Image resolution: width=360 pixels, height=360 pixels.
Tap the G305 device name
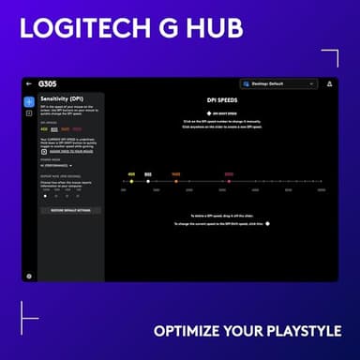tap(47, 83)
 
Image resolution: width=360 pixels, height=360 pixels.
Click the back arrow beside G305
tap(29, 83)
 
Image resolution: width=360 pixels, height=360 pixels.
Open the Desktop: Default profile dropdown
tap(278, 83)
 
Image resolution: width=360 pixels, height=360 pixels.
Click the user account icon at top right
tap(329, 83)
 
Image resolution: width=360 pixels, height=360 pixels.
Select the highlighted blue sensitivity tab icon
tap(29, 100)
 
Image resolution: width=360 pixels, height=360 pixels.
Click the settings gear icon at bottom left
tap(29, 276)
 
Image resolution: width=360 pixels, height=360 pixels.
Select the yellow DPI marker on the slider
tap(131, 181)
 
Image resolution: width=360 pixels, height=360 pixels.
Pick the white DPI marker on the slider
tap(148, 181)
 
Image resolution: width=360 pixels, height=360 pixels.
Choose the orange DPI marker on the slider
tap(175, 181)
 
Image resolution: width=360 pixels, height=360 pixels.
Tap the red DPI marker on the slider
tap(229, 181)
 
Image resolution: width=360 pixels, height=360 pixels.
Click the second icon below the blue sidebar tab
tap(29, 113)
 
